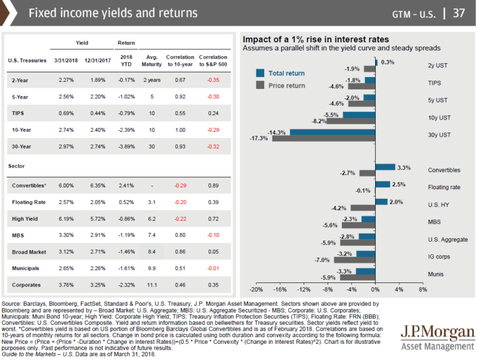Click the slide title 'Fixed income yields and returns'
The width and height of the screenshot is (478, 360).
[x=113, y=13]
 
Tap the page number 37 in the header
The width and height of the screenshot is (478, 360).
[x=461, y=13]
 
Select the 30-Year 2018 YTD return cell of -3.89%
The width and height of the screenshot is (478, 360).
[x=125, y=146]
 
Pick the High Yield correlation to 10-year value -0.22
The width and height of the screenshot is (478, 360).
[x=180, y=219]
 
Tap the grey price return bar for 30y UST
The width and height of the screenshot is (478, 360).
[x=323, y=138]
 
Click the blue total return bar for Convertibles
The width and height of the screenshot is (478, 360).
[x=385, y=167]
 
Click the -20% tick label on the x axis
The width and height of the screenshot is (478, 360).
[x=256, y=290]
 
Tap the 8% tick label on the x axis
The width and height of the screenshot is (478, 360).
[x=422, y=290]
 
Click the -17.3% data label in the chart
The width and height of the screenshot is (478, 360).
[x=259, y=138]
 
